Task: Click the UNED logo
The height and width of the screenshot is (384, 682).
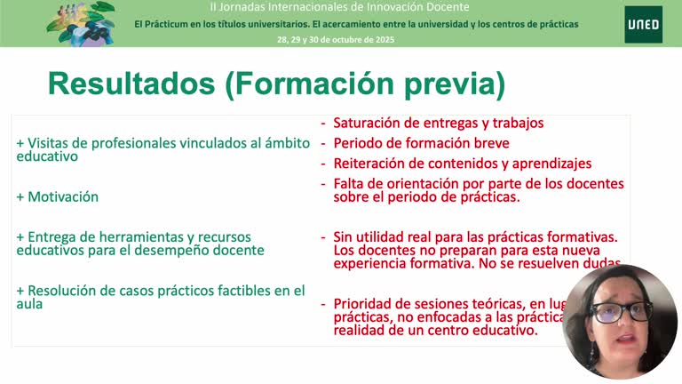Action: coord(642,24)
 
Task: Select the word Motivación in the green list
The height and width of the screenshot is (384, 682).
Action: coord(63,197)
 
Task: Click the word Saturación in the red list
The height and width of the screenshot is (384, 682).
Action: coord(366,124)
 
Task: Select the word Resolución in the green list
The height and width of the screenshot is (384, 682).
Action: coord(65,291)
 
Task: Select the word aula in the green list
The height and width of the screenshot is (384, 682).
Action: coord(30,304)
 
